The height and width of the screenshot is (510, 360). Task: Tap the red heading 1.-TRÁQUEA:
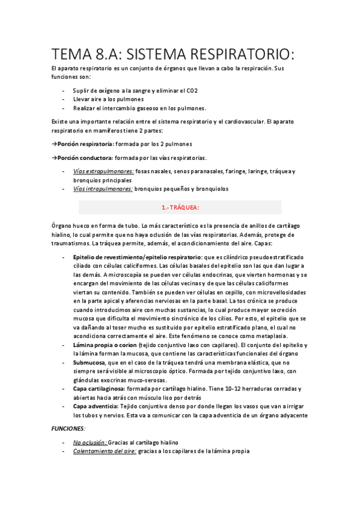coord(180,207)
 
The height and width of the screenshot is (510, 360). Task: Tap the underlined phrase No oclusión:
coord(90,442)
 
